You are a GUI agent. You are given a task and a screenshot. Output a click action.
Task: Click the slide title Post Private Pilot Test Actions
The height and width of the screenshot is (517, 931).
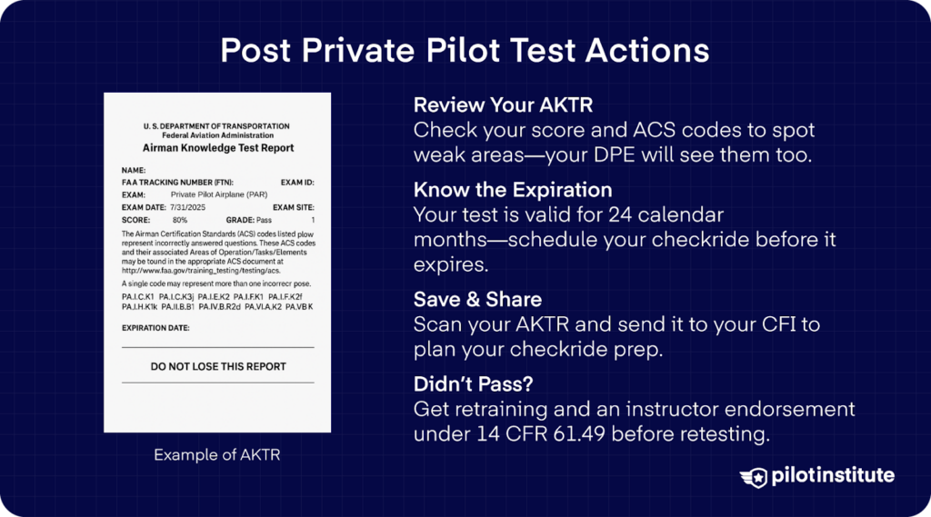point(465,51)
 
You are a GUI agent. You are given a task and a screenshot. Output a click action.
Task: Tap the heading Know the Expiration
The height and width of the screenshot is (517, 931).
point(513,191)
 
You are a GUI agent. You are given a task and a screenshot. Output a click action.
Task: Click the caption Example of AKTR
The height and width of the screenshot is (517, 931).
point(216,454)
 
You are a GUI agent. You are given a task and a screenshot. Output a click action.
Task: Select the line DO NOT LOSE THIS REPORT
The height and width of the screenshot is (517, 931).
point(217,367)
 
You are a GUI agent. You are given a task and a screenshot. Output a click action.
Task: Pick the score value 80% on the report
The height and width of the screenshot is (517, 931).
point(180,220)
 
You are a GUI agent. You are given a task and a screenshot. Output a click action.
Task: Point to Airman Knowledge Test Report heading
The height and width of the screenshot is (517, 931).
point(217,148)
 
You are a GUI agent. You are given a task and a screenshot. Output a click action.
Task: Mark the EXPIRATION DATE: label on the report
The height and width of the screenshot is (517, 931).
point(155,328)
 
